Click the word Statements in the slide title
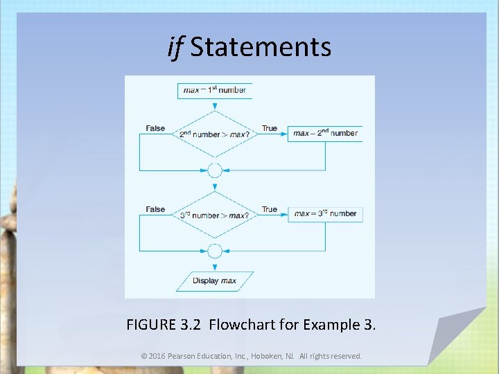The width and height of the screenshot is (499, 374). [x=261, y=47]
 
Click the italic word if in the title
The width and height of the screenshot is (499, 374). [x=175, y=46]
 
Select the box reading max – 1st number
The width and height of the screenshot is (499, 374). [x=215, y=90]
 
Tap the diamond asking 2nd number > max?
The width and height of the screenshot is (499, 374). [x=215, y=134]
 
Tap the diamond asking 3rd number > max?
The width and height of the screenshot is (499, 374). [x=215, y=215]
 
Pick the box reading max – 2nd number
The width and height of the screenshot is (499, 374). [x=325, y=133]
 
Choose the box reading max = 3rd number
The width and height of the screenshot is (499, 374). [x=325, y=214]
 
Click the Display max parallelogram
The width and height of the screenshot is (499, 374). [x=215, y=281]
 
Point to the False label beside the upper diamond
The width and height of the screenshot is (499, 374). [x=156, y=128]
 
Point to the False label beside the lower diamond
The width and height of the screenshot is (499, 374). [x=156, y=209]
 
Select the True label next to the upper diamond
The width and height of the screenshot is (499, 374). [x=270, y=128]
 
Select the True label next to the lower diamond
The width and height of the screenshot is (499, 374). [x=270, y=209]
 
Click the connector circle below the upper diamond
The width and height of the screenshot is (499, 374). [x=215, y=170]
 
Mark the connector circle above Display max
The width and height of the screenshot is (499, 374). [x=215, y=251]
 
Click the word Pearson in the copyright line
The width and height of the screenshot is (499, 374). [x=184, y=356]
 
